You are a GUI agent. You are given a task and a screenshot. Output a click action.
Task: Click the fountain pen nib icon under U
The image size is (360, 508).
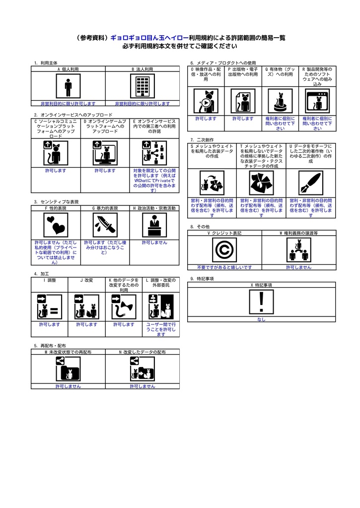(x=311, y=183)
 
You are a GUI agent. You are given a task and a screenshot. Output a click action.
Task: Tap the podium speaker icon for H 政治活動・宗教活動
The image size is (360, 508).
(x=154, y=226)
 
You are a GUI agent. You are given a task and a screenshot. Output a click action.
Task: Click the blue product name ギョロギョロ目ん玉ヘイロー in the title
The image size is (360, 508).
(x=149, y=38)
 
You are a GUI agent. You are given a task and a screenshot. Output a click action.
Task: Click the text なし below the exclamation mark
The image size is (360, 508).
(x=261, y=319)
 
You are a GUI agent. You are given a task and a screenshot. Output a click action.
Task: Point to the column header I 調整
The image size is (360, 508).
(x=49, y=280)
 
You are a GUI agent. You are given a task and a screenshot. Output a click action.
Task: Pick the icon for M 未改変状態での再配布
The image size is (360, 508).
(x=68, y=369)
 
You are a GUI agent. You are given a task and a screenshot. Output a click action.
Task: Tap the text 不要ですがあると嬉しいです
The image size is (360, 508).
(x=224, y=267)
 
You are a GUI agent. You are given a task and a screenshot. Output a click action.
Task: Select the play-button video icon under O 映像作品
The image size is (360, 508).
(x=206, y=102)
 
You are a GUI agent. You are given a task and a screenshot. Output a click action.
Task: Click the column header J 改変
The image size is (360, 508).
(x=86, y=280)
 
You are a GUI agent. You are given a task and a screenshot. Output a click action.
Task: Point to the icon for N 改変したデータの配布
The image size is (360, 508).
(x=142, y=369)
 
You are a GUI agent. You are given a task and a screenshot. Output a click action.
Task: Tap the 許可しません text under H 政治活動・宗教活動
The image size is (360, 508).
(x=154, y=243)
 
